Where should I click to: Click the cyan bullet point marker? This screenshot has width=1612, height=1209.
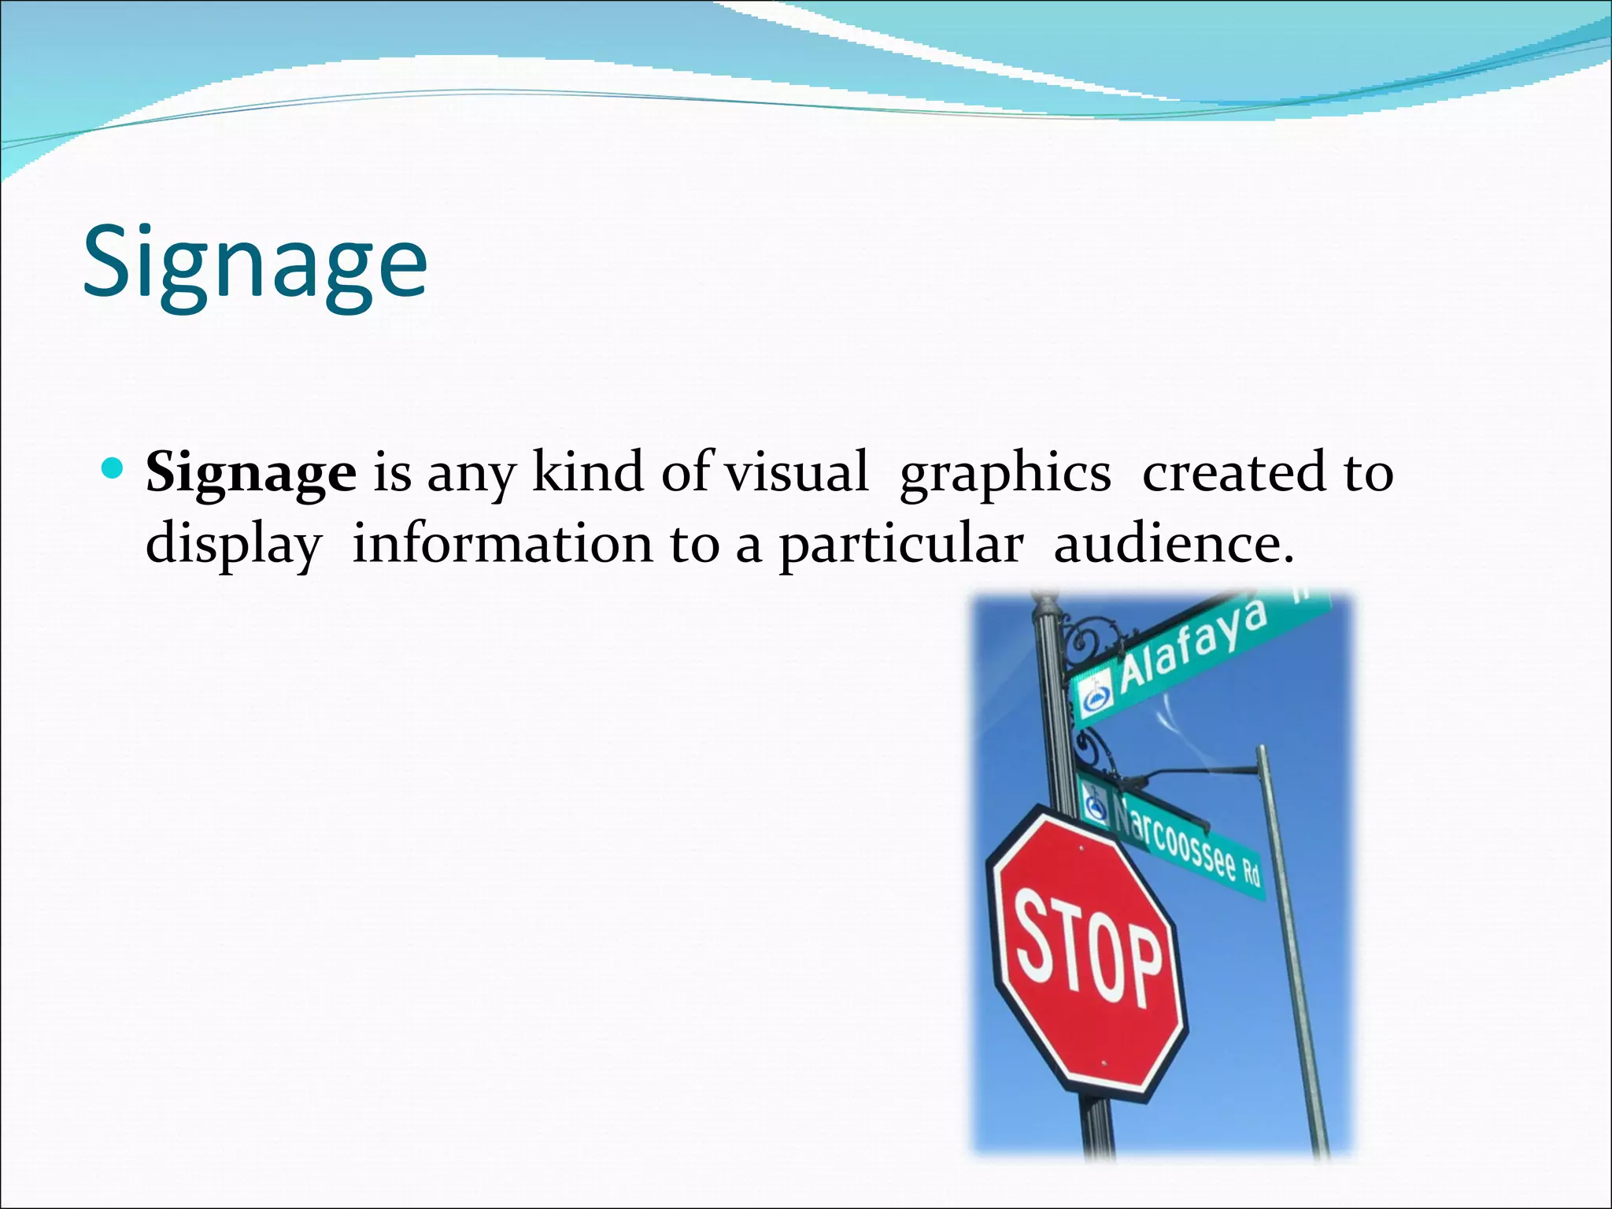(x=113, y=470)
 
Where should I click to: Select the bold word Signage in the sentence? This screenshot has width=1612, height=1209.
(x=251, y=473)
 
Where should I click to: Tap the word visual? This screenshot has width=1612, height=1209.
(x=796, y=472)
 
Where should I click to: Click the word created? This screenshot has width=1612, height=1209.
(x=1234, y=472)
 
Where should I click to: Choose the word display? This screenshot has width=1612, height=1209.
(x=234, y=545)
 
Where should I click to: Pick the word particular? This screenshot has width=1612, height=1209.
(x=901, y=545)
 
